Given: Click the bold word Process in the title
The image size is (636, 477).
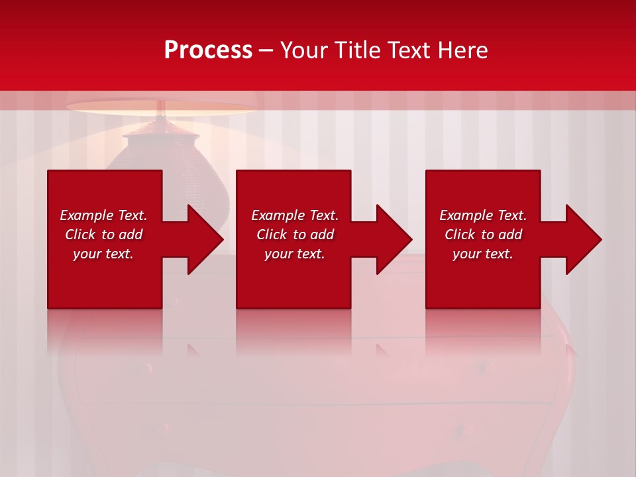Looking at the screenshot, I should point(208,50).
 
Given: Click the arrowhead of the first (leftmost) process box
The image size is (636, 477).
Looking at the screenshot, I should point(202,239).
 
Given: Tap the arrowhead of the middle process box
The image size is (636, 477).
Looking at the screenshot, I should point(392,239).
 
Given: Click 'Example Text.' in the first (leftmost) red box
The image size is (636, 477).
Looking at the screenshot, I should point(103,215).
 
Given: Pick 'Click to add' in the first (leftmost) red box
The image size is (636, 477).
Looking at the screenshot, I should point(103,235).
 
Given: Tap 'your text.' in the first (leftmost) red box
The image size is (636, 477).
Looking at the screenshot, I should point(103,254).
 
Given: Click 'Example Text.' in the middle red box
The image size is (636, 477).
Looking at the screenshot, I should point(295,215).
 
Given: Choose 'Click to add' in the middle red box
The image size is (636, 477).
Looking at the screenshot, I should point(295,235).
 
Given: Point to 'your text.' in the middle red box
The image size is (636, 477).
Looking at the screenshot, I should point(295,254).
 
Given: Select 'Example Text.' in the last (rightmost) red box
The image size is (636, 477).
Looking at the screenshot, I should point(483,215).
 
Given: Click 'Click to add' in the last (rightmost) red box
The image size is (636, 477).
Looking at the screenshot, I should point(483,235).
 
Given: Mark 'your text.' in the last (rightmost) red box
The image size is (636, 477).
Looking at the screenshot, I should point(483,254).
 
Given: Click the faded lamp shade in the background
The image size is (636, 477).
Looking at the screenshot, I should point(162,108).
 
